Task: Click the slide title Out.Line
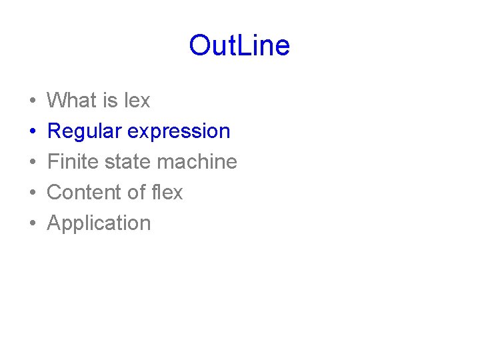coord(239,46)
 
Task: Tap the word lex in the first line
coord(137,101)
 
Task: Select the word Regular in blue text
coord(85,131)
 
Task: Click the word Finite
coord(68,162)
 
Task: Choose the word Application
coord(99,223)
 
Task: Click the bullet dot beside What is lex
coord(33,101)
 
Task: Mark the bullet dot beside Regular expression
coord(33,132)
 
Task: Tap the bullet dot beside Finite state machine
coord(33,163)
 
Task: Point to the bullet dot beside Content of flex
coord(33,193)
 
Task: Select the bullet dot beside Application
coord(33,224)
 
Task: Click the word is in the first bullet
coord(110,101)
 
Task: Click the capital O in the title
coord(199,46)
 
